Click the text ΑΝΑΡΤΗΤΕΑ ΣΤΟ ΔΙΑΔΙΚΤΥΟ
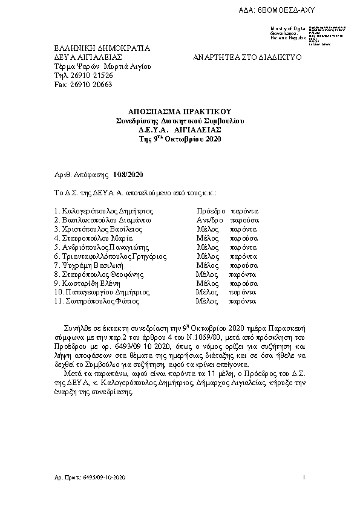[x=247, y=57]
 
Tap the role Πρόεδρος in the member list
[x=211, y=211]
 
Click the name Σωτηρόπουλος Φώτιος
[x=104, y=301]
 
